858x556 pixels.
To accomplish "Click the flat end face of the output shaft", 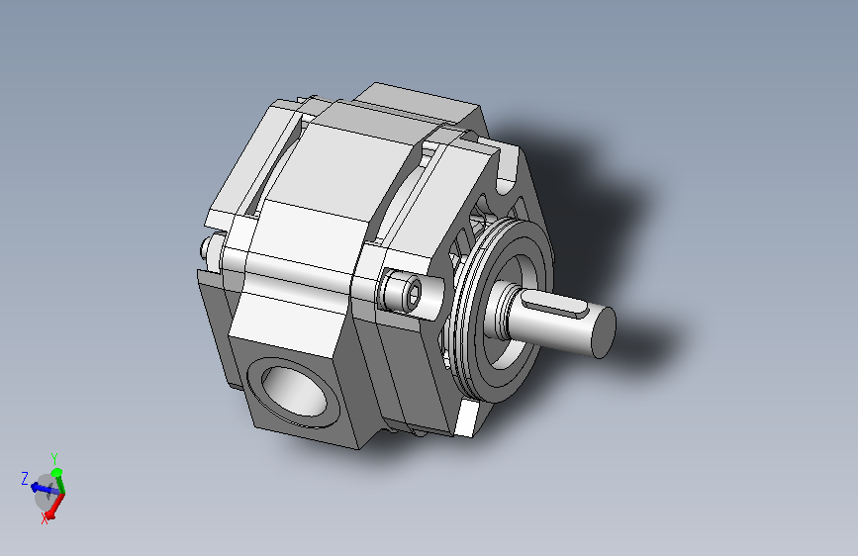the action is [604, 332].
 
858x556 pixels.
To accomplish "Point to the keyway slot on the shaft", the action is [554, 306].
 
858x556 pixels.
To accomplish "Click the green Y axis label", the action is [54, 458].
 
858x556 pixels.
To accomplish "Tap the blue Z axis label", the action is [25, 479].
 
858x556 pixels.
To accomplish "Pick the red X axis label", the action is [45, 519].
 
